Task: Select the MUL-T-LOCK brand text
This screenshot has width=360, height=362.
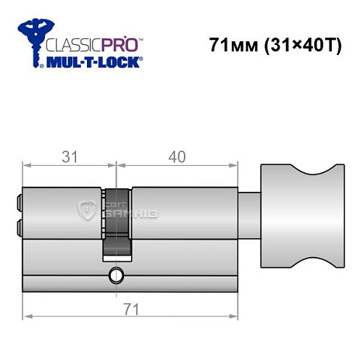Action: click(x=94, y=62)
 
